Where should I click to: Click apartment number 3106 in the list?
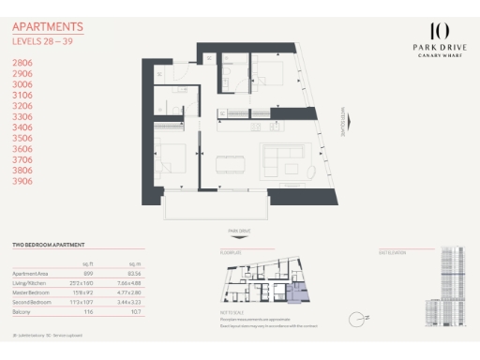click(22, 95)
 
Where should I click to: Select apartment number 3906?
click(22, 181)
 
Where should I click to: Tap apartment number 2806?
click(22, 62)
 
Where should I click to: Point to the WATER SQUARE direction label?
click(343, 120)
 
